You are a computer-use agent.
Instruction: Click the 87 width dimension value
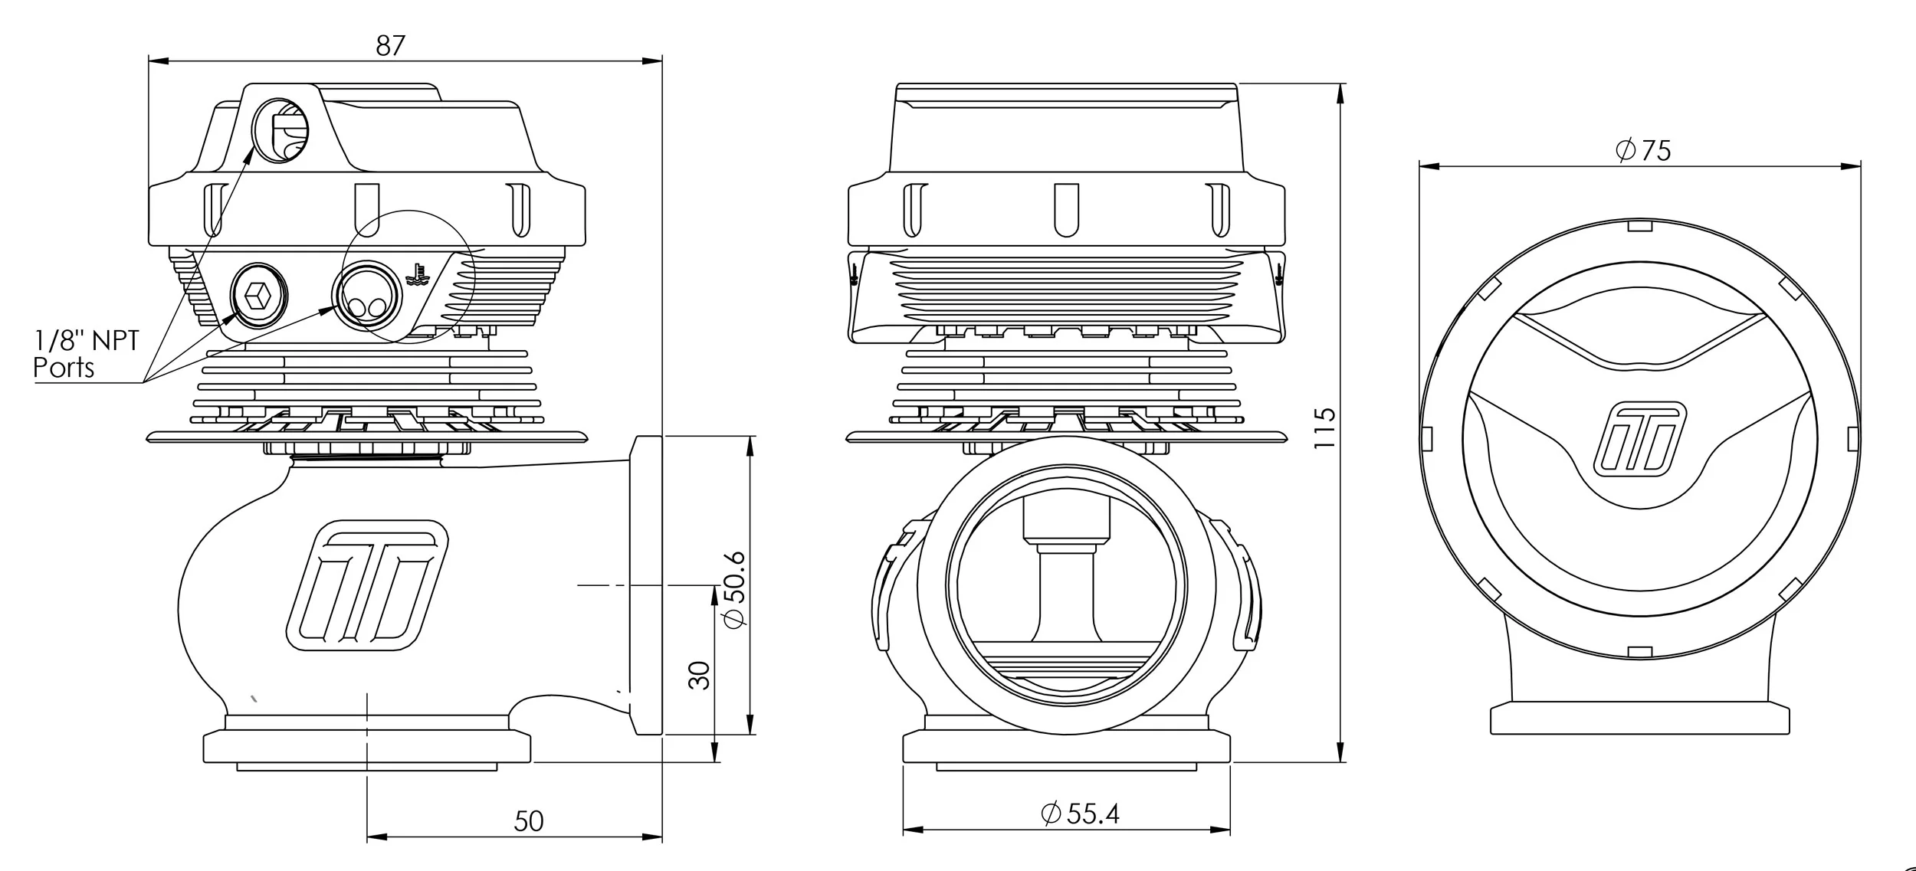[390, 46]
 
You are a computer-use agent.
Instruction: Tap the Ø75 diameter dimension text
[1642, 150]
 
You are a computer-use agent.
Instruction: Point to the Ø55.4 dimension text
[1080, 813]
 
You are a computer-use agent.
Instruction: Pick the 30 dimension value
[700, 675]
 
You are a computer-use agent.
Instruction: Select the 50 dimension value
[528, 821]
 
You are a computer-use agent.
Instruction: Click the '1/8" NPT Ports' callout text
[84, 354]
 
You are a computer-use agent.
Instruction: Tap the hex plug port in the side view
[259, 294]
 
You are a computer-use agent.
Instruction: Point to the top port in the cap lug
[281, 131]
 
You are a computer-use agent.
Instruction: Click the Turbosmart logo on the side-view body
[366, 587]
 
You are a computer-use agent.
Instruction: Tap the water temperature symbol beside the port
[418, 274]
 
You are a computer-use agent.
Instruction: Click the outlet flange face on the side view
[646, 585]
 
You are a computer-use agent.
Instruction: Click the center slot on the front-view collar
[1066, 208]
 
